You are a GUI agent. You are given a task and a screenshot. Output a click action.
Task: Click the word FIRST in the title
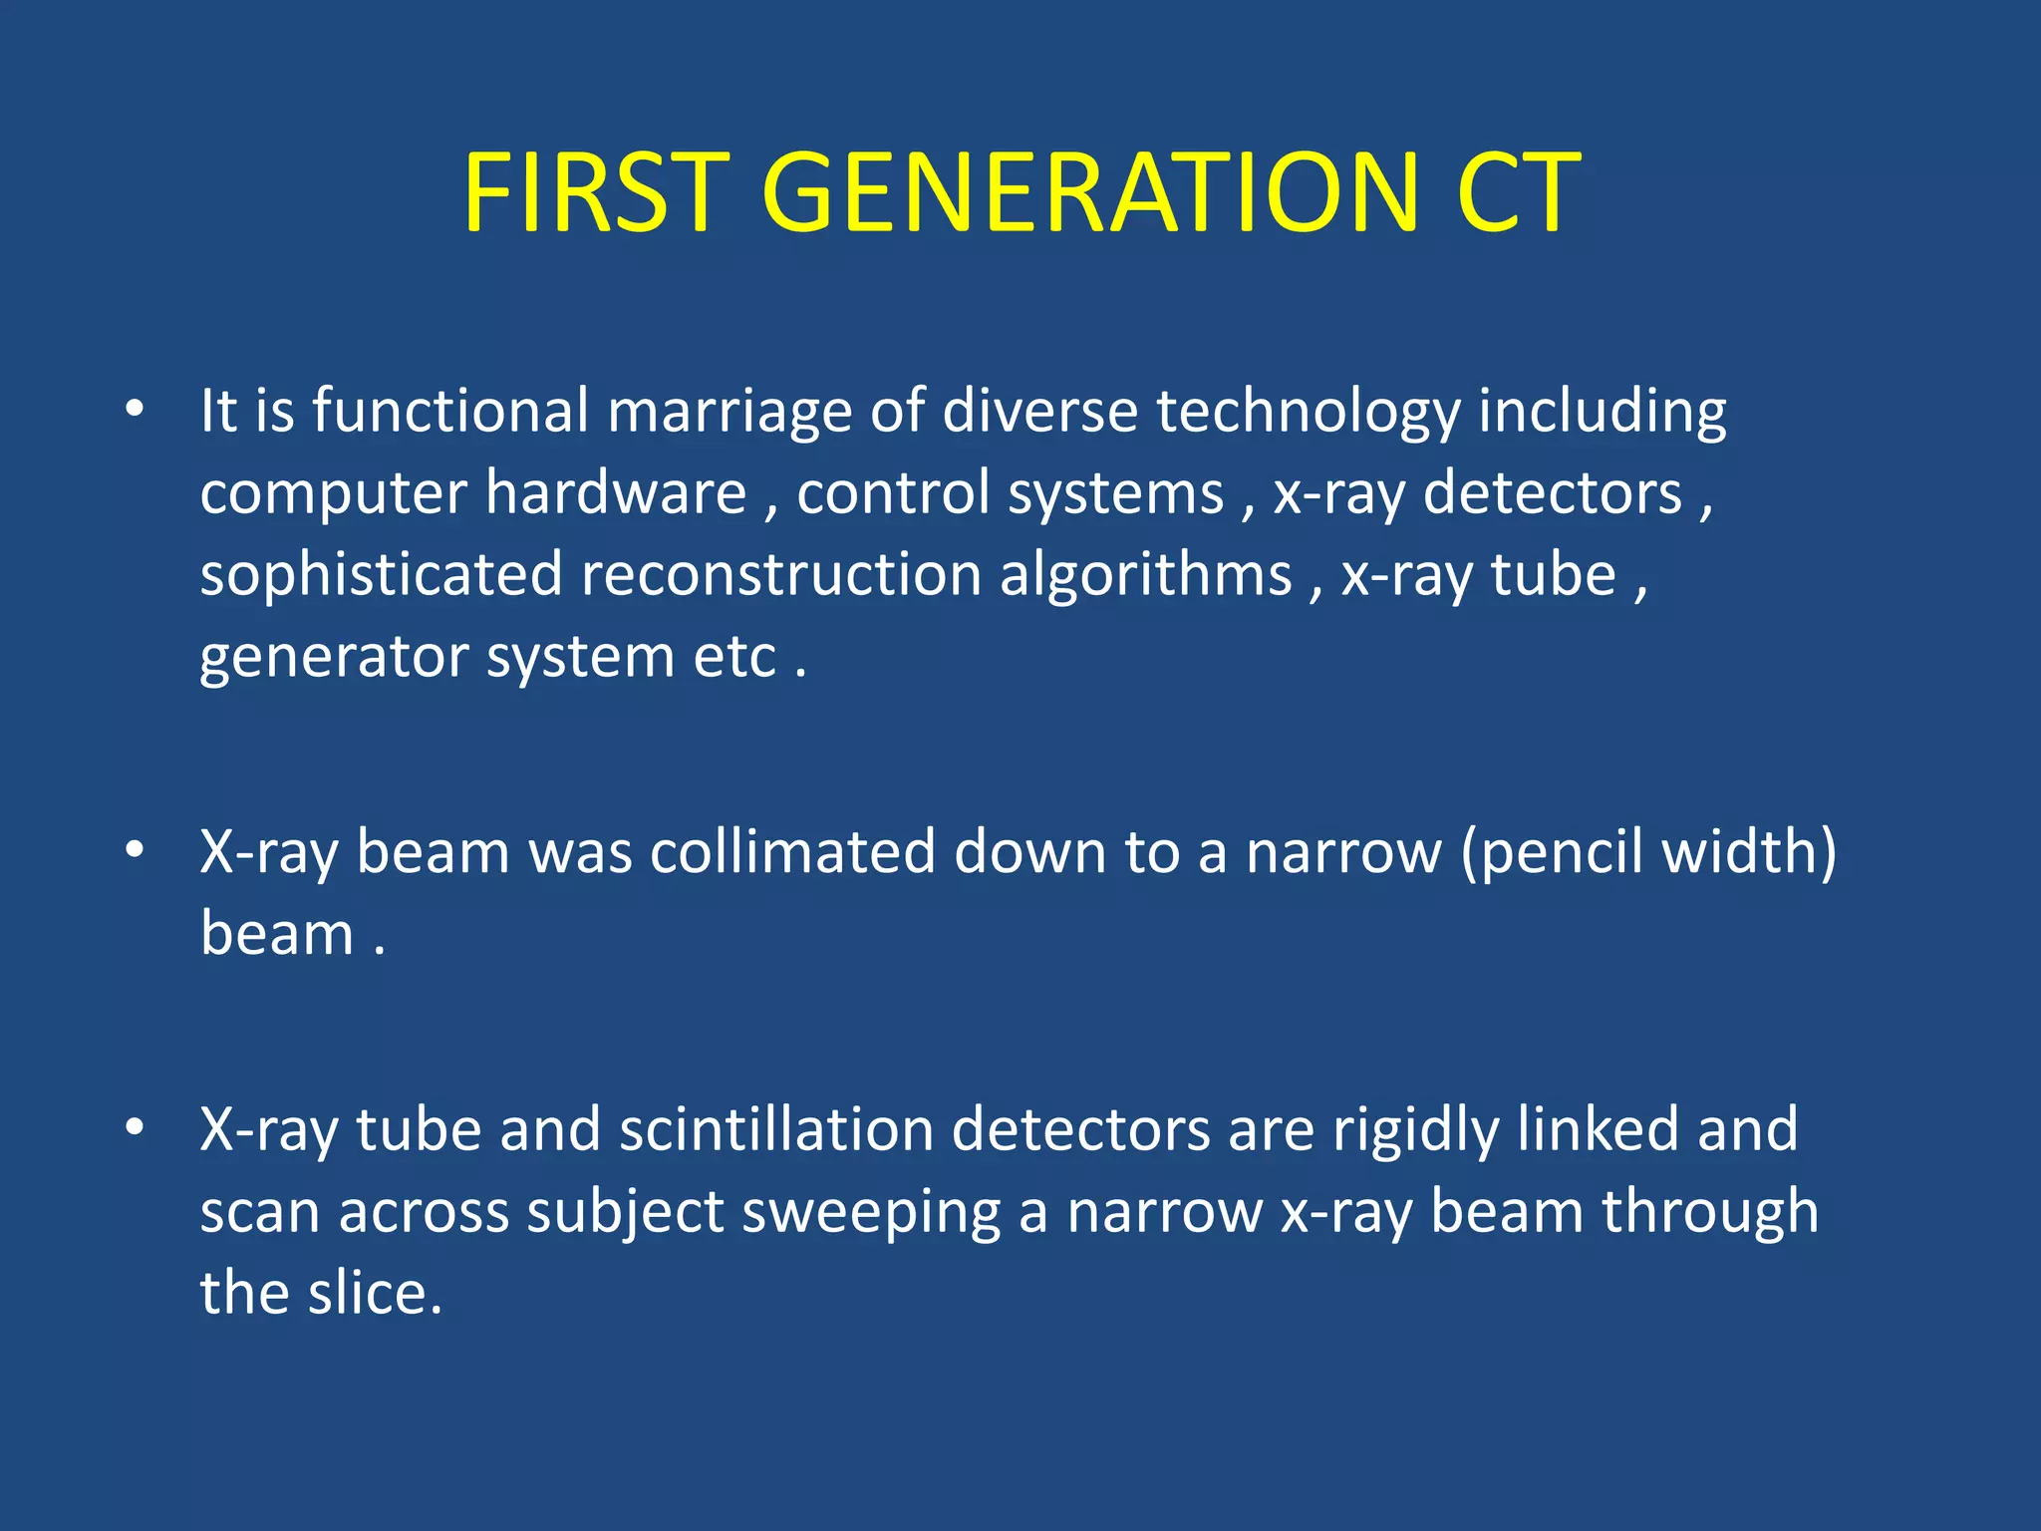point(596,193)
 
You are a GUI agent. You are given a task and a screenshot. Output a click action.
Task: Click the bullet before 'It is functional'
point(135,410)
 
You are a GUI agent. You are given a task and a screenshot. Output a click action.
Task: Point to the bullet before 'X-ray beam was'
point(135,850)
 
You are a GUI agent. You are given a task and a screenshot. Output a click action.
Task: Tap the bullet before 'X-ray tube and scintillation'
point(135,1127)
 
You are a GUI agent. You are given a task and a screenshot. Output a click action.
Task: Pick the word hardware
point(616,493)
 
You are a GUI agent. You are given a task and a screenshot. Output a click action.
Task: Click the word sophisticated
point(381,576)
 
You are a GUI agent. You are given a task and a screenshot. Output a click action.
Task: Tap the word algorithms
point(1145,576)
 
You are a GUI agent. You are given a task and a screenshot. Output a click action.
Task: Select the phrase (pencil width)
point(1648,854)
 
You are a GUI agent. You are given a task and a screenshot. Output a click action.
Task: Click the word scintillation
point(775,1130)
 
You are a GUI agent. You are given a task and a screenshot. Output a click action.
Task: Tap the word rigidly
point(1415,1132)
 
